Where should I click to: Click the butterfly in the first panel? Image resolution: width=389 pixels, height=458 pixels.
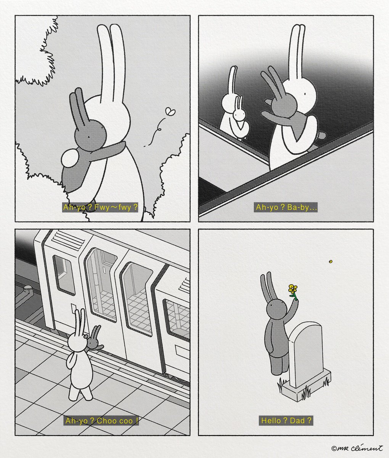pyautogui.click(x=170, y=112)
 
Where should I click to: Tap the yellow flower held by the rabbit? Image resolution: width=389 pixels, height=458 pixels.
pyautogui.click(x=293, y=289)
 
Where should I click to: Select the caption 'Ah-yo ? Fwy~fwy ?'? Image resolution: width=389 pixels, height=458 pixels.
pyautogui.click(x=100, y=207)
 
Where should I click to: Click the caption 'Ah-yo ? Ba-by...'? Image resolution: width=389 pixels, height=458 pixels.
pyautogui.click(x=286, y=207)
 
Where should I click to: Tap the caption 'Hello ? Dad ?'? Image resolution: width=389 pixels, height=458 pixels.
pyautogui.click(x=286, y=421)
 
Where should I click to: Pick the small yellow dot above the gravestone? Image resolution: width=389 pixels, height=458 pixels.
pyautogui.click(x=331, y=262)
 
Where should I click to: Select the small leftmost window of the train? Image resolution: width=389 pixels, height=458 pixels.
pyautogui.click(x=64, y=276)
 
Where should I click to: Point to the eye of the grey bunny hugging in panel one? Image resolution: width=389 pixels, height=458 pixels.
pyautogui.click(x=89, y=137)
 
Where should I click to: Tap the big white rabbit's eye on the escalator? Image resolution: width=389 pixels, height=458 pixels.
pyautogui.click(x=305, y=94)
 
